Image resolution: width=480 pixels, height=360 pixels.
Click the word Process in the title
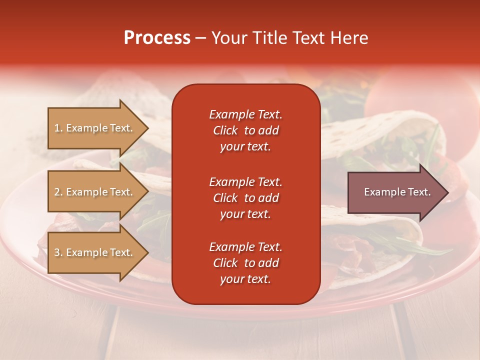(157, 38)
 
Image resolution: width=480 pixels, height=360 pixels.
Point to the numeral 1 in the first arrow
(57, 128)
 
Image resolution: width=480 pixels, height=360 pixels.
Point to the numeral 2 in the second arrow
(57, 192)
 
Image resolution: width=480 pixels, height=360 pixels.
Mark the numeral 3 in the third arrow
(57, 252)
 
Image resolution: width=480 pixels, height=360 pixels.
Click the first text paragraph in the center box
(245, 130)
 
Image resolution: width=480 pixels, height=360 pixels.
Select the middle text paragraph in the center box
(245, 198)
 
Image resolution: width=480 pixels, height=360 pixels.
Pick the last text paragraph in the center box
(245, 263)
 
